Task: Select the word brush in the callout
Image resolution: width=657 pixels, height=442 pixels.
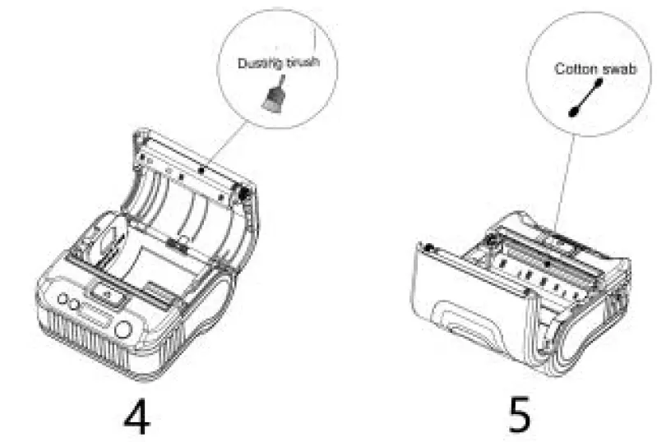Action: point(302,62)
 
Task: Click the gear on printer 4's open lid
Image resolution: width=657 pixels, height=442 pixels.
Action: point(243,194)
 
